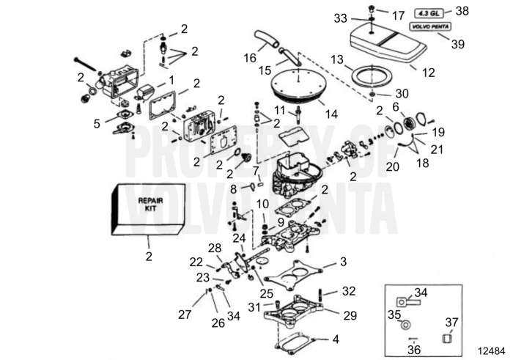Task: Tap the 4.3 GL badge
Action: [x=431, y=12]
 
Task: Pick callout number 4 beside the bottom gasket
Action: [x=336, y=339]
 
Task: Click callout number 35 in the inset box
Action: [x=394, y=315]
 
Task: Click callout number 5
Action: [x=96, y=124]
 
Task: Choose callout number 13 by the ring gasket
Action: [x=337, y=59]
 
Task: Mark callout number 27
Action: [x=184, y=315]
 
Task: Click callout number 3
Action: [x=342, y=262]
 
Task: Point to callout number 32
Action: [x=349, y=290]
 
